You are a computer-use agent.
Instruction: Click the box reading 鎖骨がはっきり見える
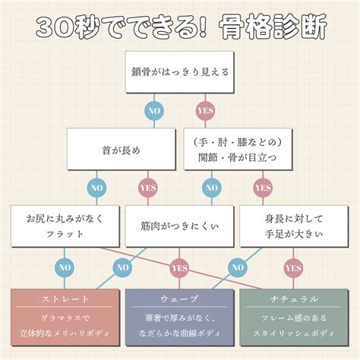[x=179, y=72]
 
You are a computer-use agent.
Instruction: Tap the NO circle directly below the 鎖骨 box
[x=154, y=111]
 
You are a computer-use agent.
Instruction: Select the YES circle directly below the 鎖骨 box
[x=205, y=111]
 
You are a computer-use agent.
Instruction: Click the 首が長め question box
[x=122, y=149]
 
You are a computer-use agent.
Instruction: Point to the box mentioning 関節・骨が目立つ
[x=238, y=149]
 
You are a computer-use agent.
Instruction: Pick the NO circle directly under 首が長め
[x=96, y=188]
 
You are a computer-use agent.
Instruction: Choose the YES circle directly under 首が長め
[x=148, y=188]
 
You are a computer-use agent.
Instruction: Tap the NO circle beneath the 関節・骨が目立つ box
[x=212, y=188]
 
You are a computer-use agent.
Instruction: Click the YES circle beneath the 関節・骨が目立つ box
[x=263, y=188]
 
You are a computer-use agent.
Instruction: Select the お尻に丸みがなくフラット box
[x=65, y=226]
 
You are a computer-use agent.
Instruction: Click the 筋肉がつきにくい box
[x=179, y=226]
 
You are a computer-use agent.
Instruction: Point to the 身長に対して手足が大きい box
[x=294, y=226]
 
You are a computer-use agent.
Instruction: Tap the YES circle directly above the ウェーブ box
[x=179, y=268]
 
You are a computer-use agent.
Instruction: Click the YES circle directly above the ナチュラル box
[x=293, y=268]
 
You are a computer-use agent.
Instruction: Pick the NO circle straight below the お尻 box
[x=65, y=267]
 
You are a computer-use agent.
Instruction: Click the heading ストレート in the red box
[x=65, y=299]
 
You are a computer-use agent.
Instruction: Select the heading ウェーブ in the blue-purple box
[x=179, y=299]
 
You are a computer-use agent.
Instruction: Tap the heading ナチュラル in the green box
[x=294, y=299]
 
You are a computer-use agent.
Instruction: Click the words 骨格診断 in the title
[x=273, y=27]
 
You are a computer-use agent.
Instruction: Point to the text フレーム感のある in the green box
[x=294, y=317]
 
